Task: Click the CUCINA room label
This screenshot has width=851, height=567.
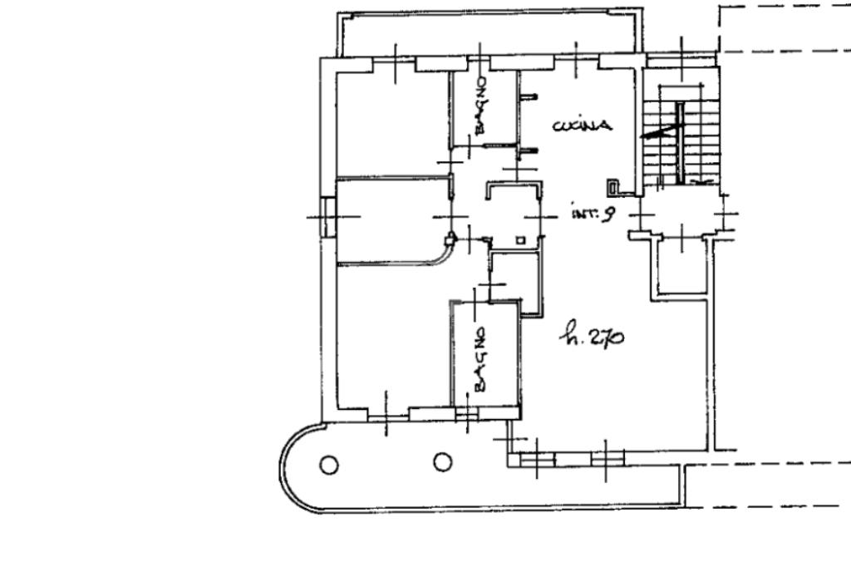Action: coord(583,126)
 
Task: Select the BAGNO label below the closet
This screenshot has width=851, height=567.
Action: coord(480,358)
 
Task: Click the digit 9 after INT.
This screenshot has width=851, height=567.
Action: coord(608,214)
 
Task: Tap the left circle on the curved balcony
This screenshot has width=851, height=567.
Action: coord(330,465)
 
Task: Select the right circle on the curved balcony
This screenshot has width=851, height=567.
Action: coord(442,461)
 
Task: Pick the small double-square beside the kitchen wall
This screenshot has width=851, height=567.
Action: coord(612,187)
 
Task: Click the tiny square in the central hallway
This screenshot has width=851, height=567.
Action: coord(520,240)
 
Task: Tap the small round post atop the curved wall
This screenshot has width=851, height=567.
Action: coord(451,239)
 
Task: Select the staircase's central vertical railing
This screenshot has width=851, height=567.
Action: coord(679,141)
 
